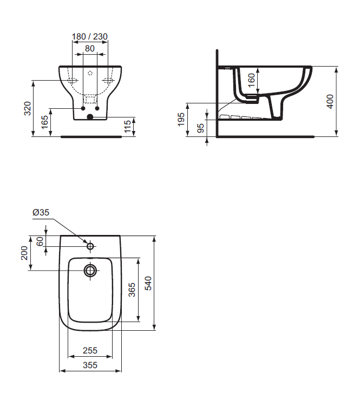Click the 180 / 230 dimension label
(90, 37)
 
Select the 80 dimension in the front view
(90, 48)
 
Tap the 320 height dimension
(27, 108)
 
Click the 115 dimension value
(128, 126)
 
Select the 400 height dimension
(330, 101)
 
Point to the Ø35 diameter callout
(41, 213)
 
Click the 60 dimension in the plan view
(40, 241)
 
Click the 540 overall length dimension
(148, 283)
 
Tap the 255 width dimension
(90, 350)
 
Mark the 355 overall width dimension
(90, 365)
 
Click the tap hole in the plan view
(90, 246)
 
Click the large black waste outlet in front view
(90, 116)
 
